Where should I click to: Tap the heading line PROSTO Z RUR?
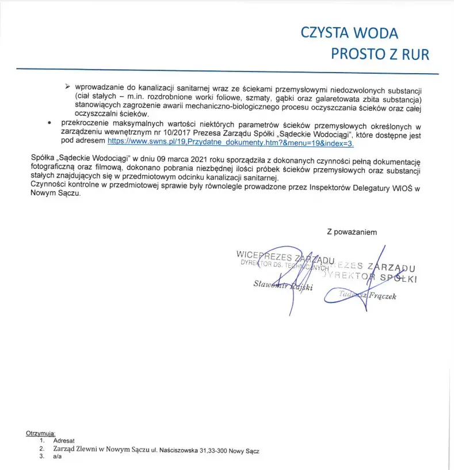coord(380,54)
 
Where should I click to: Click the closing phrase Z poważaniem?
coord(352,232)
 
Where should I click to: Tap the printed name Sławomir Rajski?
coord(283,286)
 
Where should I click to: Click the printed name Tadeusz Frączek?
coord(368,296)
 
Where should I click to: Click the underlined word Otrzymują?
coord(40,433)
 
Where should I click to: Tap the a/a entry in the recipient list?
coord(57,456)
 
